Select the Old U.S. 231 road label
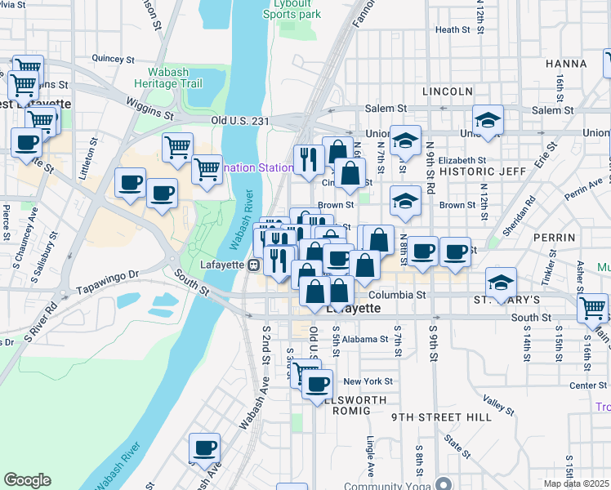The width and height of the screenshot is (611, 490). click(x=240, y=121)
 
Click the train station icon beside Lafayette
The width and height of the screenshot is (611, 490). click(x=254, y=265)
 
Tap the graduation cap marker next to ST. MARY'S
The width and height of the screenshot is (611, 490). click(x=502, y=283)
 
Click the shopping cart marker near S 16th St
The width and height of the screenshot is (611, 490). click(x=592, y=308)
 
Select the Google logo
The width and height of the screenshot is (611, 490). click(x=27, y=479)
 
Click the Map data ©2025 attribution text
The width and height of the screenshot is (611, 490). click(x=576, y=483)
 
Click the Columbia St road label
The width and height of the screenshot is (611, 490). click(x=398, y=295)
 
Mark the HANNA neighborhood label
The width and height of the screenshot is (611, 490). click(x=566, y=64)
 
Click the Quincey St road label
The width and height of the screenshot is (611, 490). click(x=113, y=59)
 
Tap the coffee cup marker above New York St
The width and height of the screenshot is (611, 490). click(x=317, y=384)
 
